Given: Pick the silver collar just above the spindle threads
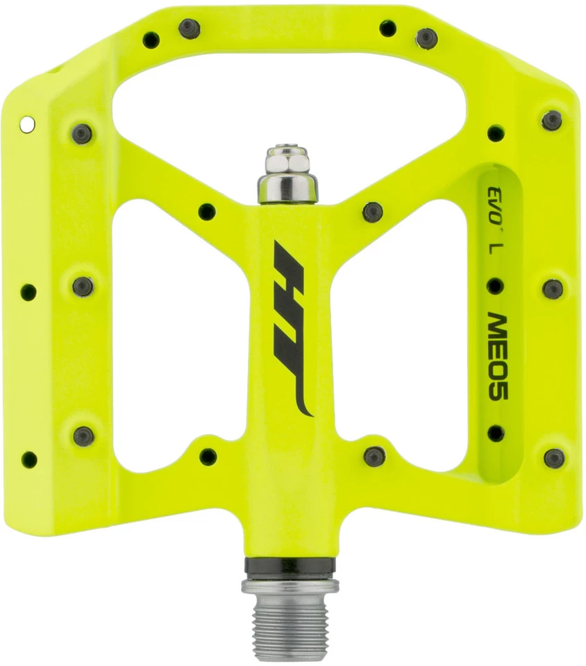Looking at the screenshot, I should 290,587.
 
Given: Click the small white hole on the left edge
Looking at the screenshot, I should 27,124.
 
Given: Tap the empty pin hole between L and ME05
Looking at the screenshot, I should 495,285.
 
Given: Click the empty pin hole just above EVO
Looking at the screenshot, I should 495,133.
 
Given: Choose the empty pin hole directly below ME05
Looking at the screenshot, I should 496,434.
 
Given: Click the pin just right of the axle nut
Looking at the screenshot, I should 373,212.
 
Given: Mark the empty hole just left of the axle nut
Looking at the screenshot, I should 207,211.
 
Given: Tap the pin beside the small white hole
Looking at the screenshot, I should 81,133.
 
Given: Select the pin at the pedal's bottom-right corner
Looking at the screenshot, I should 553,458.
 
